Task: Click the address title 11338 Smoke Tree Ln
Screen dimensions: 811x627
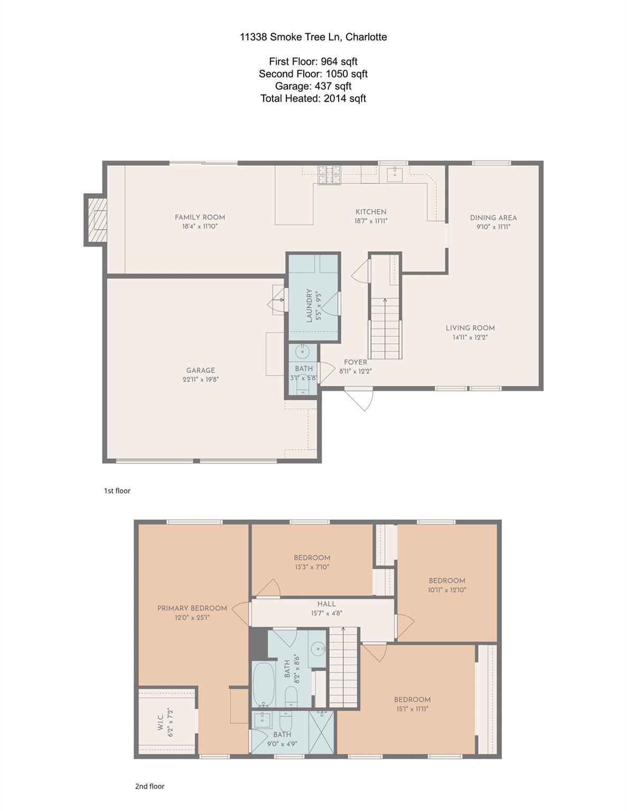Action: point(313,37)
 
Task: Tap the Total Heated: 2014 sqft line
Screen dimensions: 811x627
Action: point(313,98)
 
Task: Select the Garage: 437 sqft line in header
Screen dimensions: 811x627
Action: point(313,86)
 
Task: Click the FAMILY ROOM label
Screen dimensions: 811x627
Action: point(200,217)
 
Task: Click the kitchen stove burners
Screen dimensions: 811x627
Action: point(329,175)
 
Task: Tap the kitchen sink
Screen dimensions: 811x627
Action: point(394,174)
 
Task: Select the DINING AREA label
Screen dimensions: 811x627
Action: point(493,218)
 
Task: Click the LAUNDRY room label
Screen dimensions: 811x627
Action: point(310,305)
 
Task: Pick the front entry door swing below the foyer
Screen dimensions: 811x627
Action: point(361,399)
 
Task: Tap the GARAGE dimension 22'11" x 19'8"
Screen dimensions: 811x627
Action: point(200,379)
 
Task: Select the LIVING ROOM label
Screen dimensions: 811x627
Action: point(470,328)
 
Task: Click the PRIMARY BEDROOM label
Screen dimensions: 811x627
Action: point(192,608)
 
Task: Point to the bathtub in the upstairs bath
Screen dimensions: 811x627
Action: point(263,685)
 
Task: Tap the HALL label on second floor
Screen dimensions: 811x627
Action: point(326,604)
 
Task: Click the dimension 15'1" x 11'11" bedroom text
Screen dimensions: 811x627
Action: point(412,709)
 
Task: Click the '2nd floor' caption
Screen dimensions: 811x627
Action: point(149,786)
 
